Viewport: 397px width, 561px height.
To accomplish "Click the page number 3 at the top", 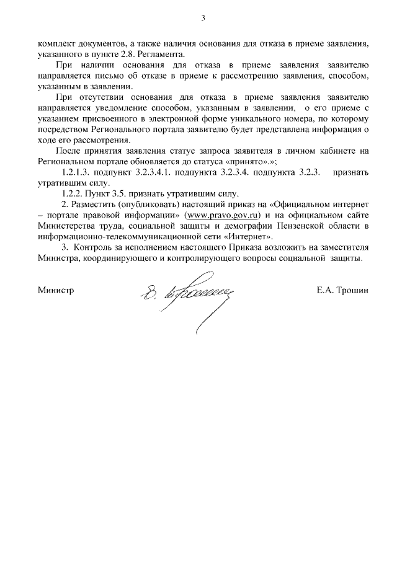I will [202, 17].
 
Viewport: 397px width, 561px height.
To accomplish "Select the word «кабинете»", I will [338, 151].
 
